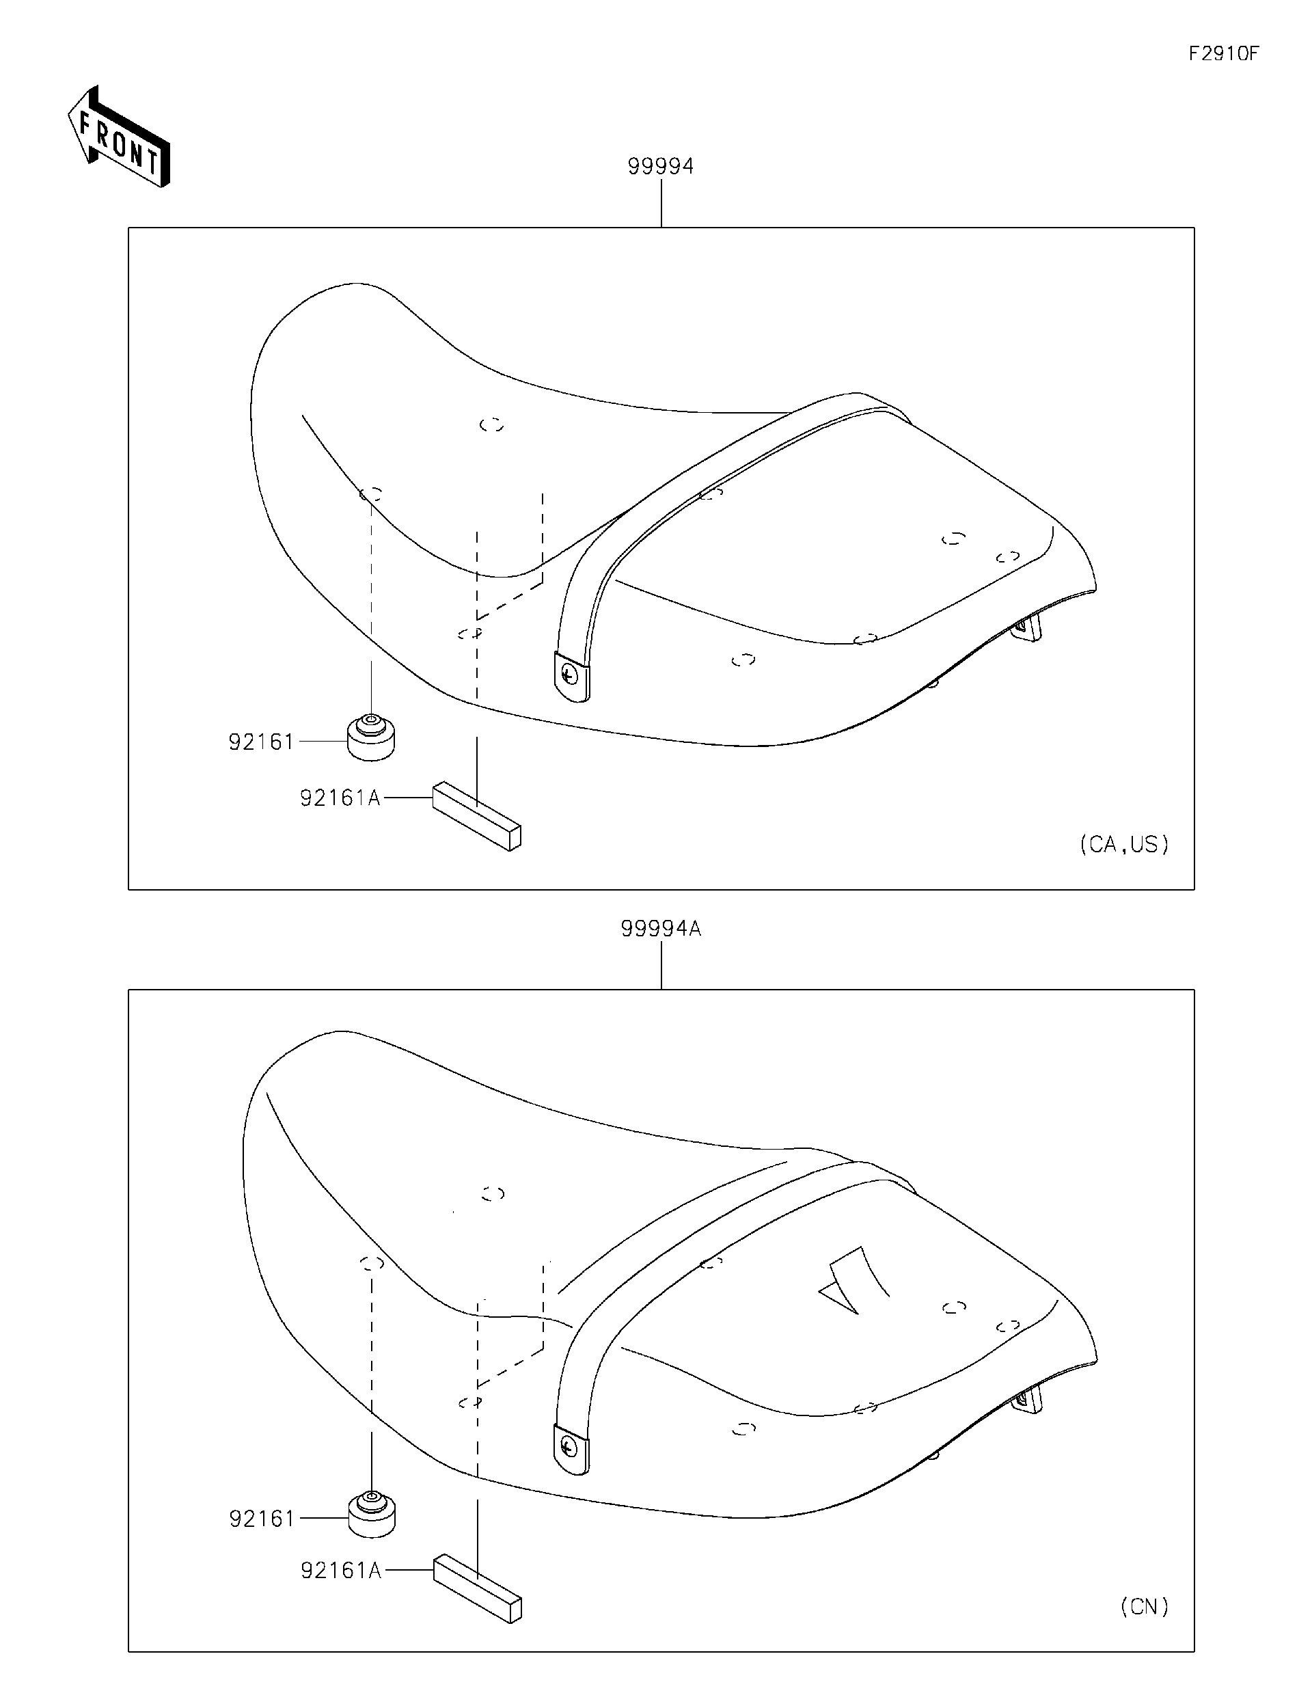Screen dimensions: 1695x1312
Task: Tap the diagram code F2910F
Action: (1224, 53)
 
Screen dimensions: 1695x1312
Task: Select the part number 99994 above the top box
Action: (660, 166)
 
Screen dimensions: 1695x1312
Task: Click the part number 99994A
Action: (660, 928)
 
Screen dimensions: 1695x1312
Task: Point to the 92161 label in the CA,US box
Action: (262, 742)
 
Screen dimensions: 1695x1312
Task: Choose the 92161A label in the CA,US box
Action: (340, 798)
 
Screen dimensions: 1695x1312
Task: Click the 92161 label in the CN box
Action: (262, 1518)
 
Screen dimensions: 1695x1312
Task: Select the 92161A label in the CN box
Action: (340, 1571)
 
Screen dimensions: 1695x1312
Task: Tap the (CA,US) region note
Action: (1124, 844)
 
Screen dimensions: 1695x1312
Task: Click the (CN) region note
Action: (1145, 1607)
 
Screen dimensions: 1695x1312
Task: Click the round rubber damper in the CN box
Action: (372, 1515)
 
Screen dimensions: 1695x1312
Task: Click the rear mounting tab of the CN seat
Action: (1029, 1399)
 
